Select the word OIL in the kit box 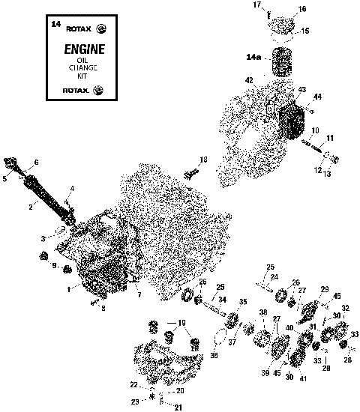[73, 61]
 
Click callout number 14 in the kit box [55, 25]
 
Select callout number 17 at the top [256, 6]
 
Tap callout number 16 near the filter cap [281, 9]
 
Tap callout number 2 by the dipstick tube [31, 206]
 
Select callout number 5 [4, 179]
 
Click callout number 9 [54, 266]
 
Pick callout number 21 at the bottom [178, 407]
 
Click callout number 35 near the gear [242, 301]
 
